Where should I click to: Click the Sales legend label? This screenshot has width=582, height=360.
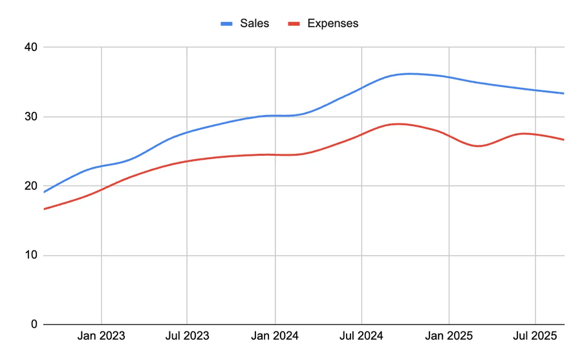point(254,23)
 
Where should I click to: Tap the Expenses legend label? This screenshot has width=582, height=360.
point(332,23)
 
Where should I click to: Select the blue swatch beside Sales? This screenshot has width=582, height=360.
point(227,24)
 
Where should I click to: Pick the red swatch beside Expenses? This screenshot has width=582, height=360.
point(294,24)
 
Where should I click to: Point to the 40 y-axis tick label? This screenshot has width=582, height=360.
point(31,47)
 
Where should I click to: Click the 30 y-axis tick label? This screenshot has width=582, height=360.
point(31,117)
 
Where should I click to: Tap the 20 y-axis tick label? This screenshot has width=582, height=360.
point(31,186)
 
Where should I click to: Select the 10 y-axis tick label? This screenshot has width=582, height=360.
point(31,255)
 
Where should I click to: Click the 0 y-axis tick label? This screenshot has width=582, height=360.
point(34,324)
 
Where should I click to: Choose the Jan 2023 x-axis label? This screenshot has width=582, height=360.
point(102,336)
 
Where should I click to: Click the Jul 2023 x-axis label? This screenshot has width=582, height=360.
point(187,336)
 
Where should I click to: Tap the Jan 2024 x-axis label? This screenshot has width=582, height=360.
point(275,336)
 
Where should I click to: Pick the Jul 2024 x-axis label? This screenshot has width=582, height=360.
point(361,336)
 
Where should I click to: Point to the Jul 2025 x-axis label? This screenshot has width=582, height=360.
point(535,336)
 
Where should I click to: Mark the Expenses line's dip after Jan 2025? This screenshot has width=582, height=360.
point(479,146)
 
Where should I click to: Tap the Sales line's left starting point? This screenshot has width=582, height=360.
point(44,192)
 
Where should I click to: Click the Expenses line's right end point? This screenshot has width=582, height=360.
point(564,140)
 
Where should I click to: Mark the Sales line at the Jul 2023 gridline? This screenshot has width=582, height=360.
point(187,132)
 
